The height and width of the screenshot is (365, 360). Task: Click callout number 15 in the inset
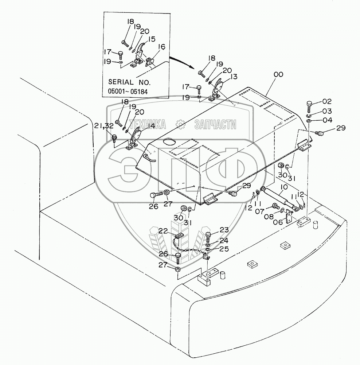151,39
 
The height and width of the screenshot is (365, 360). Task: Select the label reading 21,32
104,126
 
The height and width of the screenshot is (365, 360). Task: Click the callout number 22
163,230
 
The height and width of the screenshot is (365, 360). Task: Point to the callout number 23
224,230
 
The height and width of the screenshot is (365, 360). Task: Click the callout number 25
224,249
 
